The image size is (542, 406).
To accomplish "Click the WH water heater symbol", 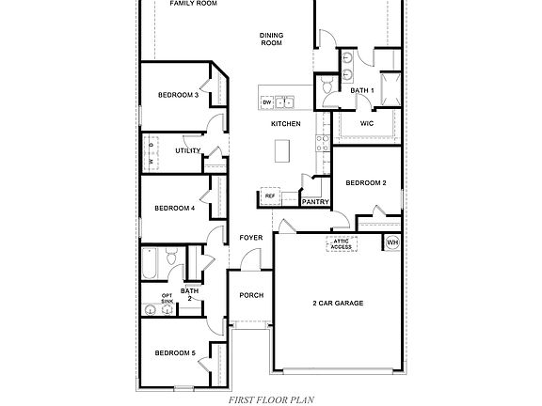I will [x=392, y=242].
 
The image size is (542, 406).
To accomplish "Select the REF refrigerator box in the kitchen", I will [x=269, y=195].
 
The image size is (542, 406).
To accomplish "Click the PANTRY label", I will [x=313, y=201].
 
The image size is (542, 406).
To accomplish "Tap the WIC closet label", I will [x=368, y=123].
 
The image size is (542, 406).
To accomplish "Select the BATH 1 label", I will [x=362, y=90].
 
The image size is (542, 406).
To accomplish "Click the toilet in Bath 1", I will [x=326, y=87].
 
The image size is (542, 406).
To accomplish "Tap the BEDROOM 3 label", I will [x=177, y=94].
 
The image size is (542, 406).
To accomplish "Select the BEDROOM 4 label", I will [x=174, y=208].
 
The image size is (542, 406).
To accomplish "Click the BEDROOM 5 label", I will [x=174, y=352].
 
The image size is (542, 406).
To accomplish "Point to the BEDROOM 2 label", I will [x=366, y=182].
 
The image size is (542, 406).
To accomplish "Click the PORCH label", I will [x=250, y=295].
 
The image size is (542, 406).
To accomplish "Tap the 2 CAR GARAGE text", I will [x=337, y=303].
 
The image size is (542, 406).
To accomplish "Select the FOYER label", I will [x=250, y=238].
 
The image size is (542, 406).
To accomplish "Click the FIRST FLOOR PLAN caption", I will [x=270, y=398].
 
